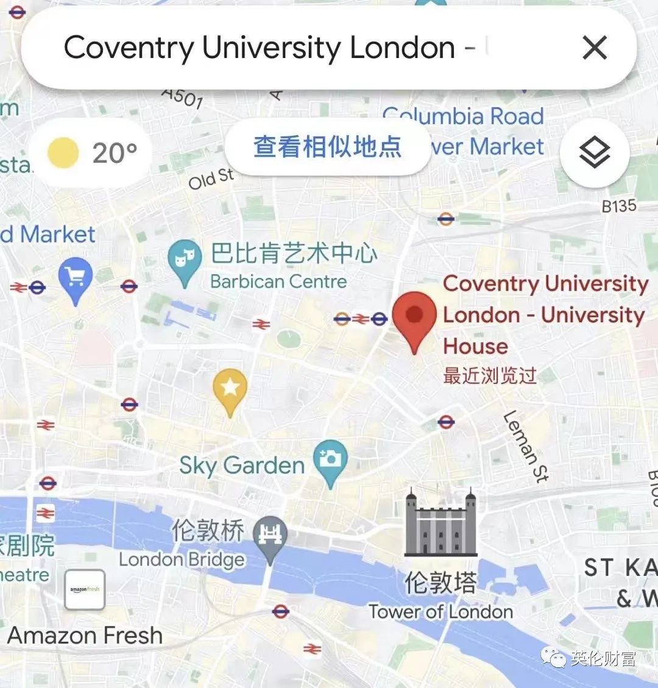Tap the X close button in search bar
(x=595, y=48)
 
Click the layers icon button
(x=594, y=152)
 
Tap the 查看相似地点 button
(x=328, y=147)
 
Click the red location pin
(x=414, y=317)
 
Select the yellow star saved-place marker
(x=230, y=390)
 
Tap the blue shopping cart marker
(x=76, y=279)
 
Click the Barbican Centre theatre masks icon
(x=185, y=260)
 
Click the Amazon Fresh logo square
(x=85, y=590)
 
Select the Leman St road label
(x=526, y=446)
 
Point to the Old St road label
(x=211, y=179)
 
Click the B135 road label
(x=618, y=207)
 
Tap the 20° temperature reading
(x=115, y=153)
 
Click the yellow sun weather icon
(x=63, y=152)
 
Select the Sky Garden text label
(x=242, y=466)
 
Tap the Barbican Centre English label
(x=278, y=282)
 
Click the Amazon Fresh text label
(x=85, y=636)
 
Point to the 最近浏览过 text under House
(x=490, y=375)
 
